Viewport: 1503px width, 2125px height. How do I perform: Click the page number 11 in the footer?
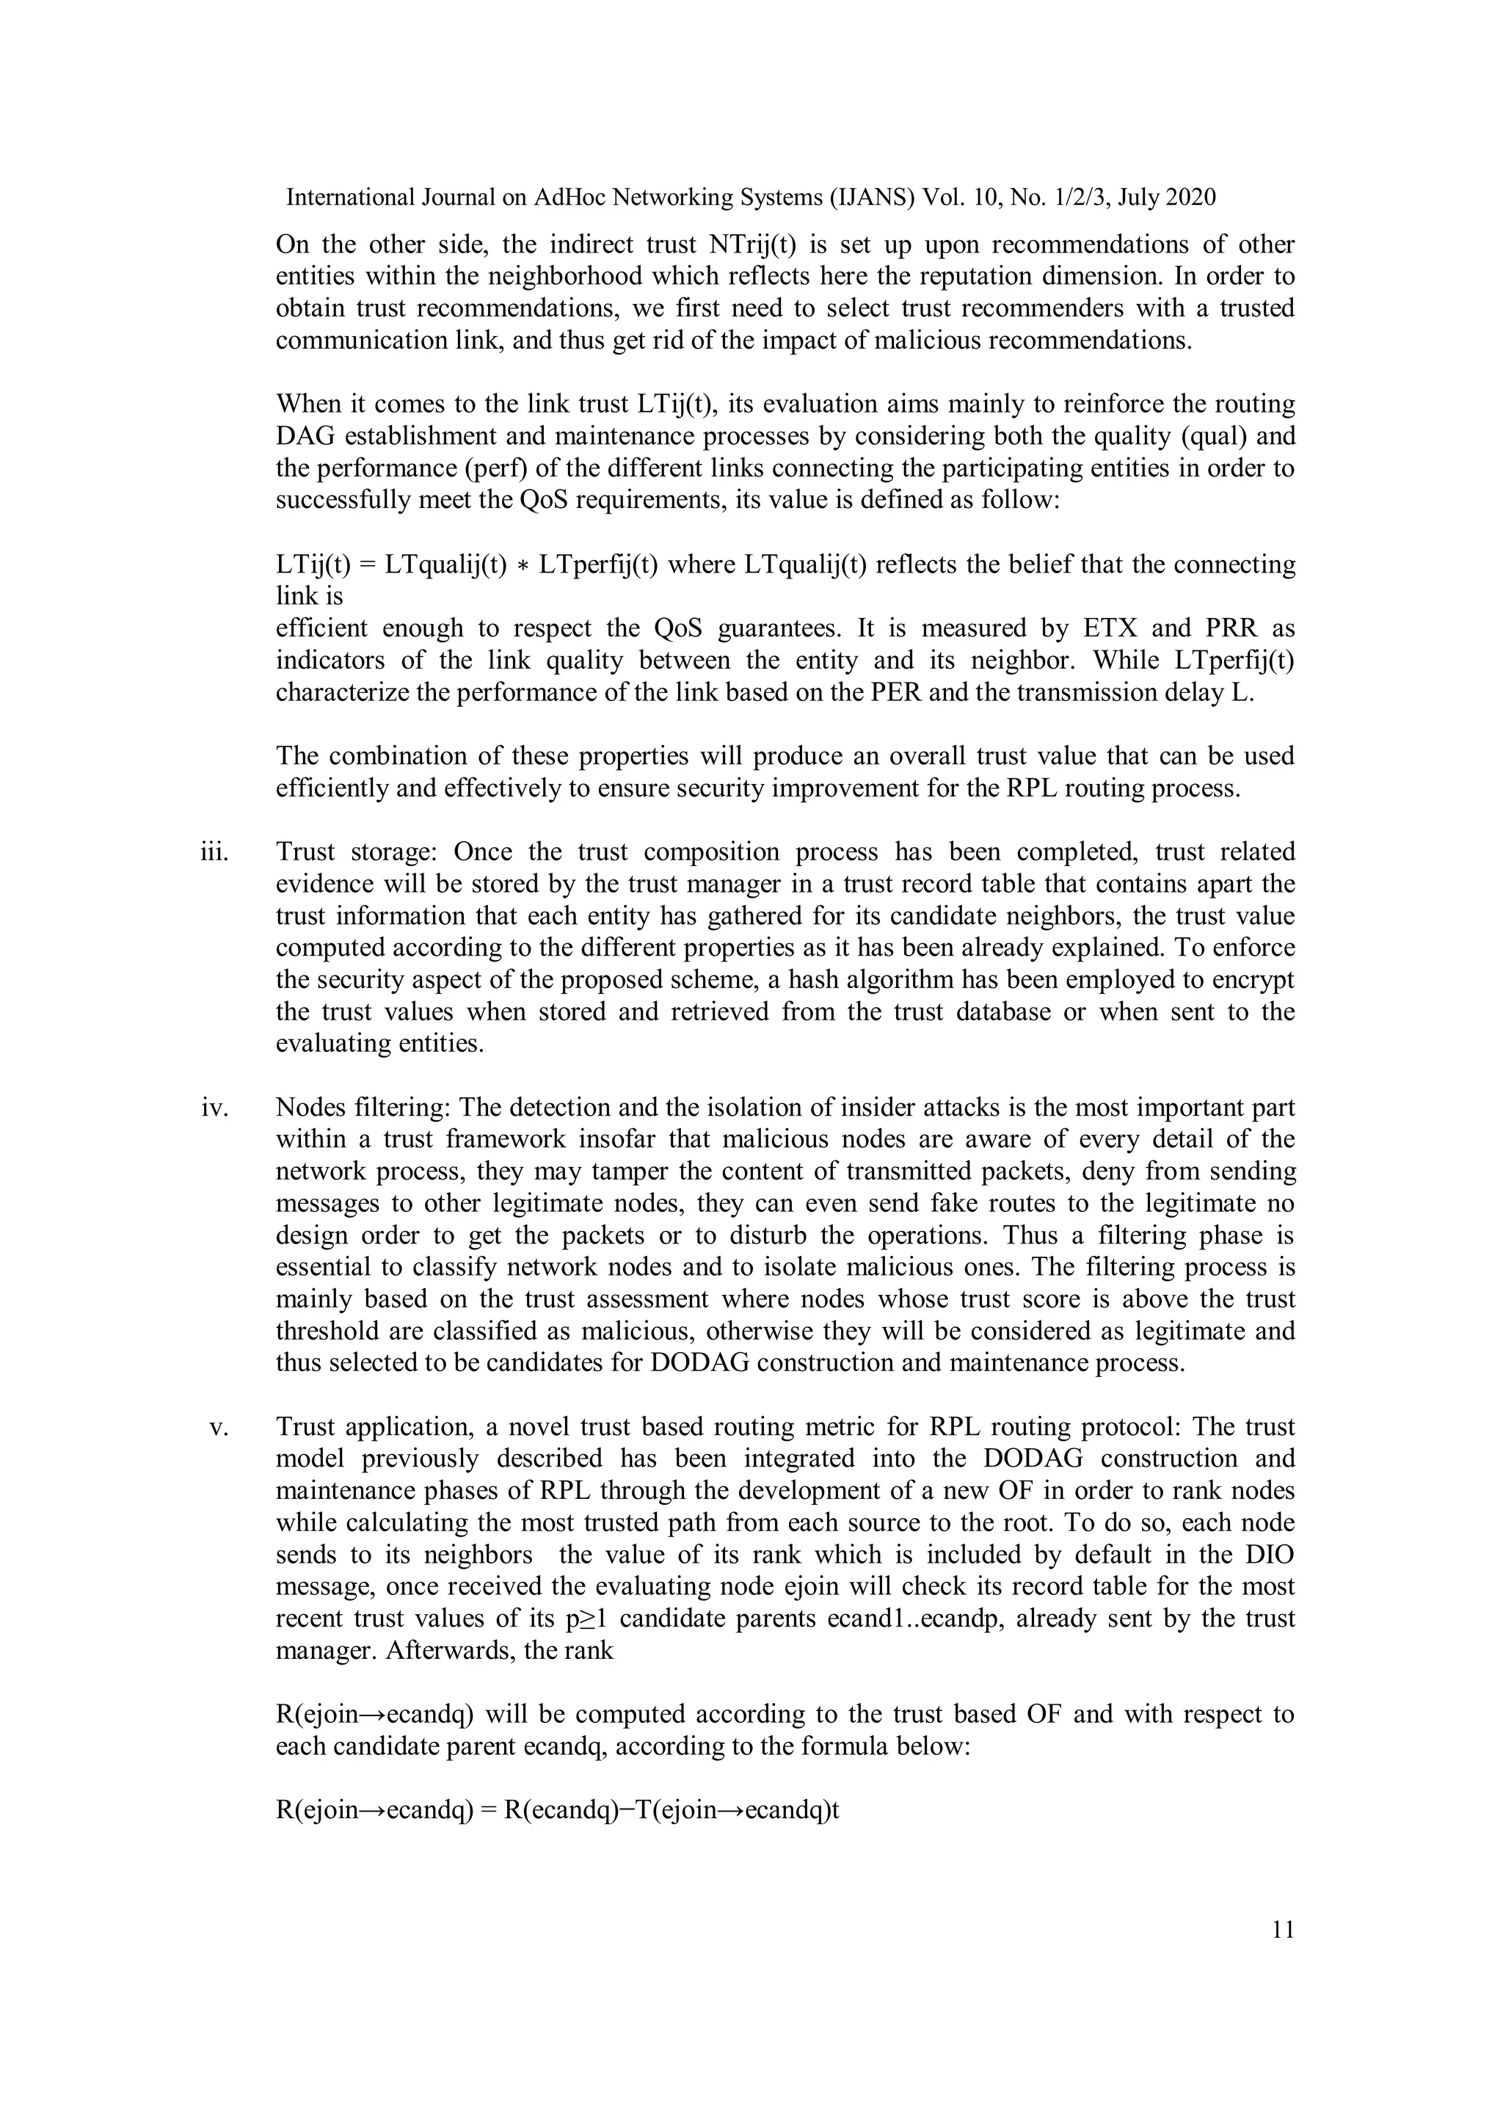1283,1930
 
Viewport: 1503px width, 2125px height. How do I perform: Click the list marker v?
219,1427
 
